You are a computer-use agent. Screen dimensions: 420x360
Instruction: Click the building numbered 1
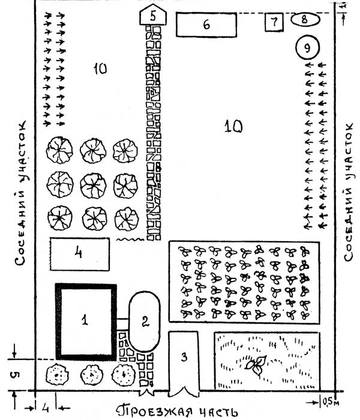[86, 321]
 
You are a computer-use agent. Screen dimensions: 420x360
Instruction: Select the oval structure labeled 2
[144, 321]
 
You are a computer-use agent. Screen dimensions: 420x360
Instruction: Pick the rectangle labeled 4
[79, 254]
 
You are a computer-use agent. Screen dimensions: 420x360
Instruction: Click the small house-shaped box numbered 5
[153, 16]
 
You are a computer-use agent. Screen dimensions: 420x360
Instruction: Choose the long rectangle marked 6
[206, 25]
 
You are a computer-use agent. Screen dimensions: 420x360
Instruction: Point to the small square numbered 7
[274, 23]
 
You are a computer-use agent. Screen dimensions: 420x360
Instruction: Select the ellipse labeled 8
[305, 20]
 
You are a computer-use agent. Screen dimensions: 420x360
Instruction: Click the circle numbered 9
[307, 46]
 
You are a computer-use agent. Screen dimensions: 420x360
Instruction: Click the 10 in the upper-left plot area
[100, 69]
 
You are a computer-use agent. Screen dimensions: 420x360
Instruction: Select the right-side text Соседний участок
[349, 190]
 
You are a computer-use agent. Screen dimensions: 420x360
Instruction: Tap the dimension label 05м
[332, 400]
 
